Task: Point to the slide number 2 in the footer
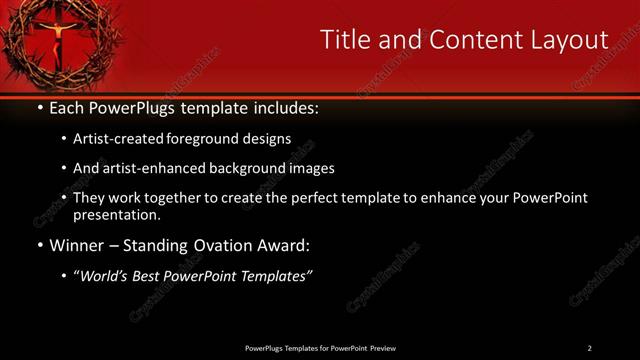pyautogui.click(x=589, y=348)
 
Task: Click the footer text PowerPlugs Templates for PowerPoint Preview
pyautogui.click(x=319, y=348)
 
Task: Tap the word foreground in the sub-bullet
pyautogui.click(x=209, y=139)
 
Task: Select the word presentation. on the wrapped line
pyautogui.click(x=116, y=215)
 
